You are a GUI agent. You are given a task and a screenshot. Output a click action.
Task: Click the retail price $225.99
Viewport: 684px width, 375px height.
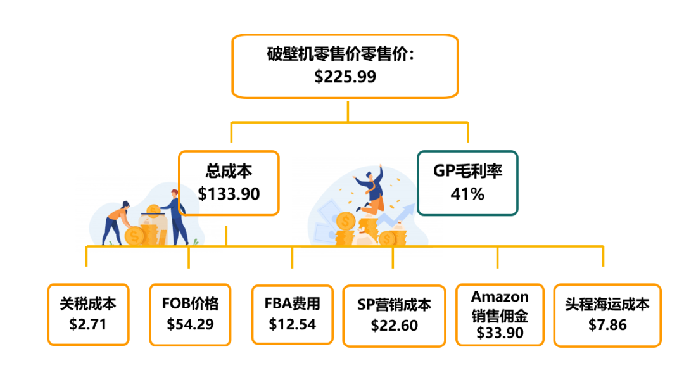(345, 77)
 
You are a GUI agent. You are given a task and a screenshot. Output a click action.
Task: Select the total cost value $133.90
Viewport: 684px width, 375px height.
(229, 194)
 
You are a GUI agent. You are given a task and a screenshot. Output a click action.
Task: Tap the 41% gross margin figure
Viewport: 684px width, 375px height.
(467, 194)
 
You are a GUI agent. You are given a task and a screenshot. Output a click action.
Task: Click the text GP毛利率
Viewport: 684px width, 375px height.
(467, 171)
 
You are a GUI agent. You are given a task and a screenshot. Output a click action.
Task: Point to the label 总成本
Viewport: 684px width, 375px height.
(229, 172)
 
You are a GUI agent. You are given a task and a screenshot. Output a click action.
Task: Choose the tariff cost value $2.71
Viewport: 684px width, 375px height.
(88, 324)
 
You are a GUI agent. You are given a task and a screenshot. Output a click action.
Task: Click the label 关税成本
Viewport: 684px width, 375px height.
(88, 304)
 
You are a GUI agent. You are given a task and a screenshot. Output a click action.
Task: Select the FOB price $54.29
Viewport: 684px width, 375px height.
(190, 324)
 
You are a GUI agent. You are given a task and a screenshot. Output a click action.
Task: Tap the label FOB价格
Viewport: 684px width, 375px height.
(190, 304)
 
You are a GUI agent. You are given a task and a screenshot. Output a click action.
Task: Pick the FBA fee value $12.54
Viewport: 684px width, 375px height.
(292, 324)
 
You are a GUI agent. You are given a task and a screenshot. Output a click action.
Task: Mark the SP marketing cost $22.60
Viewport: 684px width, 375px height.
(394, 325)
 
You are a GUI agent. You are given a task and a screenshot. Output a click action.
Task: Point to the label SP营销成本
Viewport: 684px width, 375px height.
(394, 305)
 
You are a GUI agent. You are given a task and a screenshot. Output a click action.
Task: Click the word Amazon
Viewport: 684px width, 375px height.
(500, 296)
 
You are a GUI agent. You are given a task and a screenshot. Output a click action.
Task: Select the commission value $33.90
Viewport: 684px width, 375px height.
(500, 333)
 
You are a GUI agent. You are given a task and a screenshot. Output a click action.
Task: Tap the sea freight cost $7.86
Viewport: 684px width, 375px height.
(607, 325)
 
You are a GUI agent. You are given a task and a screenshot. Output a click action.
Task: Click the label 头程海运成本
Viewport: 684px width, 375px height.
(607, 305)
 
